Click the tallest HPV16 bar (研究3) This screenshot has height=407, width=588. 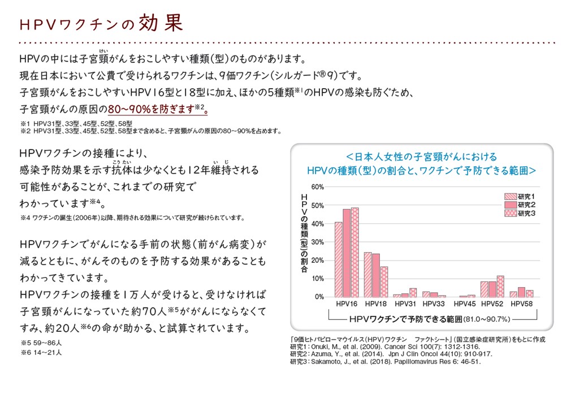pos(354,252)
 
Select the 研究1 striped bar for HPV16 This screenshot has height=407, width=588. pos(339,259)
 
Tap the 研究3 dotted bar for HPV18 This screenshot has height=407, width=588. pos(384,282)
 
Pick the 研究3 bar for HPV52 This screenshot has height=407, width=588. pos(500,287)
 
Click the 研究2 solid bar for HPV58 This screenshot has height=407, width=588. pos(521,292)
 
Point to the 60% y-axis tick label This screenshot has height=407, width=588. pos(317,187)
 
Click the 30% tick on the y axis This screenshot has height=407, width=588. pos(317,242)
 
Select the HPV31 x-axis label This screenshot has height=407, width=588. pos(405,304)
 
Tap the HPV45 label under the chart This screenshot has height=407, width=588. pos(464,304)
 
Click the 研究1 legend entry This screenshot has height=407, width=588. pos(520,197)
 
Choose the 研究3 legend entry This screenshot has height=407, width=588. pos(520,213)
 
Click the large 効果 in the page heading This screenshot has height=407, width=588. pos(161,23)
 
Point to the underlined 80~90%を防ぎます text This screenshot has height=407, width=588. pos(158,110)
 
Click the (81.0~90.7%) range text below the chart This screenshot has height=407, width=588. pos(487,319)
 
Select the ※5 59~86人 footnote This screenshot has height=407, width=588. pos(41,343)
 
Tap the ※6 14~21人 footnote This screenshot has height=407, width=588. pos(41,352)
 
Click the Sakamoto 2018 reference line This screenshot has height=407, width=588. pos(386,362)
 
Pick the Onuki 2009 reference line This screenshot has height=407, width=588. pos(385,347)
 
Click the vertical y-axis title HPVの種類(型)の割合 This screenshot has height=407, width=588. pos(304,233)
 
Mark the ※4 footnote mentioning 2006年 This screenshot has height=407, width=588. pos(132,218)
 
